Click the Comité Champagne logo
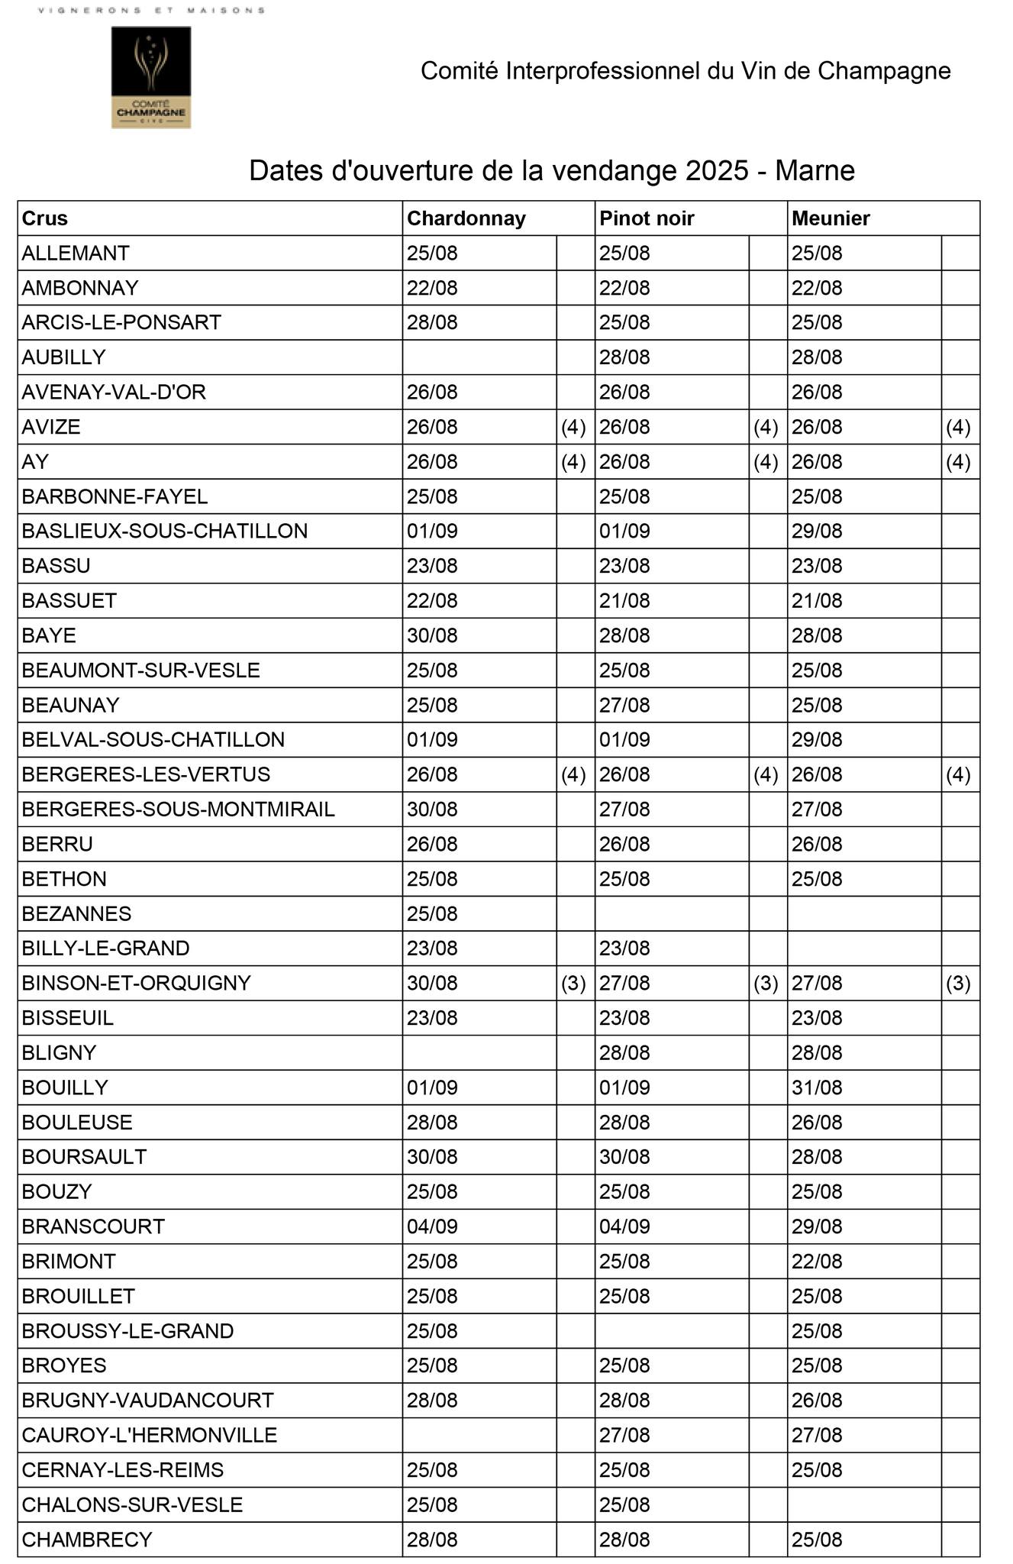tap(151, 77)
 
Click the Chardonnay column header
tap(466, 218)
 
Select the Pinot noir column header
tap(647, 218)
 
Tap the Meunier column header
tap(831, 218)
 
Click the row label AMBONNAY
tap(80, 288)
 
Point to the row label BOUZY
tap(57, 1191)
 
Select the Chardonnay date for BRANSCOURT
tap(432, 1226)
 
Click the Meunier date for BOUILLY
tap(817, 1087)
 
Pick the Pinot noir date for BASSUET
tap(624, 601)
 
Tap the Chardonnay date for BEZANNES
tap(432, 913)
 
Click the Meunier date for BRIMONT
tap(817, 1261)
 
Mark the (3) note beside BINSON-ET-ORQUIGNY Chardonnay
tap(574, 983)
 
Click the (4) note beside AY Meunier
tap(959, 462)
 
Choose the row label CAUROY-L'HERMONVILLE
tap(150, 1435)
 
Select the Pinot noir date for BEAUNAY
tap(624, 705)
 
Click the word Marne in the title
tap(815, 170)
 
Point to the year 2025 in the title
tap(717, 170)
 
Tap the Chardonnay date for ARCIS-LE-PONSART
tap(432, 322)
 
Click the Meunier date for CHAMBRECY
tap(817, 1540)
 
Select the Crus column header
tap(45, 218)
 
